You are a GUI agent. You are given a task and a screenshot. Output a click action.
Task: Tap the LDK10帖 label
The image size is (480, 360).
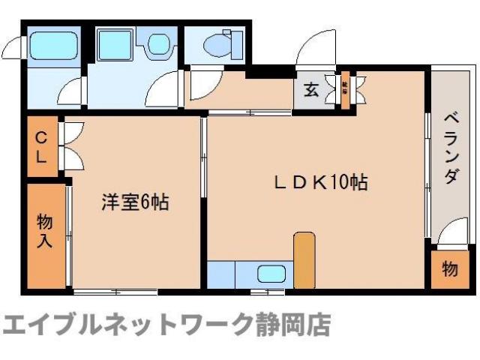point(322,182)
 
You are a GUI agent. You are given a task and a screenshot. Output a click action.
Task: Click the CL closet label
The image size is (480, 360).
point(42,147)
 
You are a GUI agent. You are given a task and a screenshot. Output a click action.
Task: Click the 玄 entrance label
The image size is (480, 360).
point(310,89)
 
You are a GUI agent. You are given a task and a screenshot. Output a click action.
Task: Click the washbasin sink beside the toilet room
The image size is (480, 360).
point(158,45)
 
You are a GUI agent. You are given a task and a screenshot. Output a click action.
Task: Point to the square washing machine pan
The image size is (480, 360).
point(116,46)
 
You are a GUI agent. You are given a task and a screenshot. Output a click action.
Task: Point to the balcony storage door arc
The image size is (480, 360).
point(449,235)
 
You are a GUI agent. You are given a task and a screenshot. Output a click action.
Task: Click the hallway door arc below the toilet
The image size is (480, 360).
point(201,86)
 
